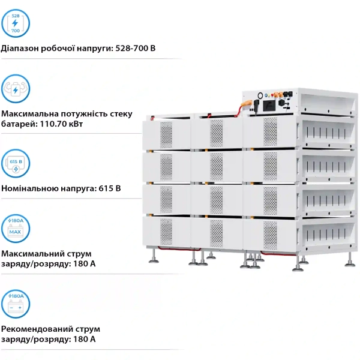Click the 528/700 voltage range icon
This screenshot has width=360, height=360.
(x=16, y=23)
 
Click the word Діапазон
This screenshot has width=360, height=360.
(x=22, y=47)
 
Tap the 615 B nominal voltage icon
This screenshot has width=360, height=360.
(x=16, y=164)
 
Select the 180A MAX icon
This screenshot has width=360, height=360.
(x=16, y=228)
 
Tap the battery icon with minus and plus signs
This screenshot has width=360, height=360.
(x=16, y=303)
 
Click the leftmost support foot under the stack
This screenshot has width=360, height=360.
(x=154, y=257)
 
